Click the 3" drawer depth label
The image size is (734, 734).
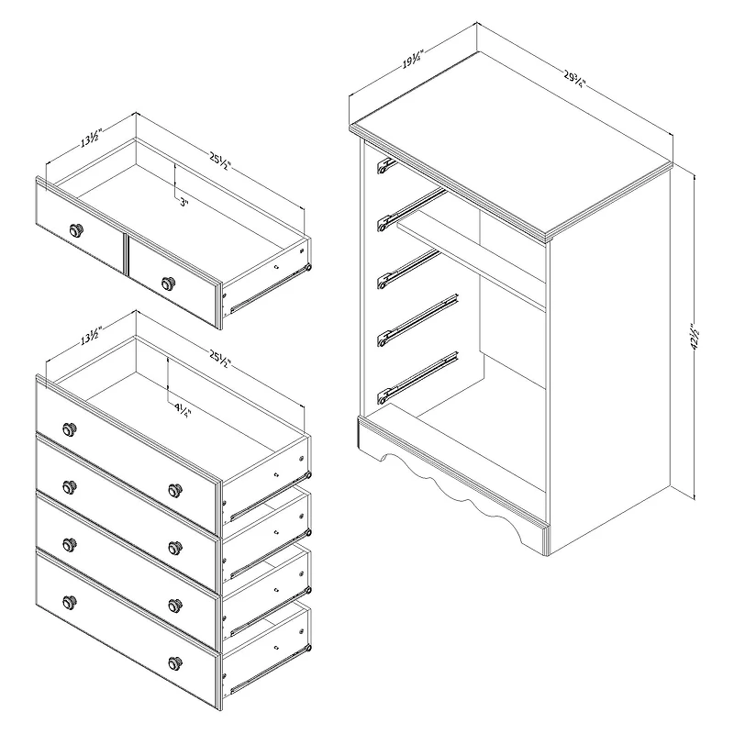(183, 204)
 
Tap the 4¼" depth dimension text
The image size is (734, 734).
(182, 409)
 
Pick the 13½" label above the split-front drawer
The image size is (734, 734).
(90, 139)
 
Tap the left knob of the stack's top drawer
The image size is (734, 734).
(69, 429)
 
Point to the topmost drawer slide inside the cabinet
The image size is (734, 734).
(385, 165)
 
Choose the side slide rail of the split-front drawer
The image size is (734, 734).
(266, 286)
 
